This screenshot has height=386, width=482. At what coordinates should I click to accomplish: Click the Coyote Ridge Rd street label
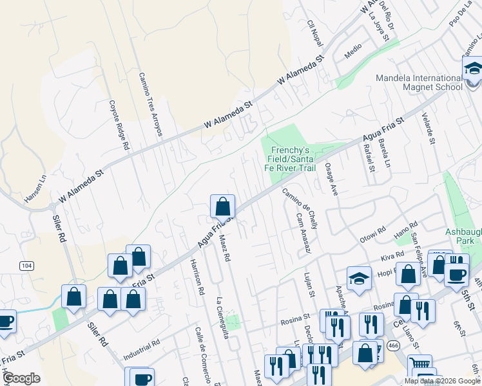pyautogui.click(x=118, y=125)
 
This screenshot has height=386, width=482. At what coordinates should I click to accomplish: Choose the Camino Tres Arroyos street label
pyautogui.click(x=150, y=104)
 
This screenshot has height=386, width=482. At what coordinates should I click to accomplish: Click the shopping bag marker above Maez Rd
pyautogui.click(x=222, y=207)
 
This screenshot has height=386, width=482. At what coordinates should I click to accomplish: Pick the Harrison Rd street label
pyautogui.click(x=197, y=277)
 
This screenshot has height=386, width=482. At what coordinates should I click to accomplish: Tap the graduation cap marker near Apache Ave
pyautogui.click(x=359, y=278)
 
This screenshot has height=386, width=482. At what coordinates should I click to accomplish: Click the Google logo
pyautogui.click(x=21, y=378)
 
